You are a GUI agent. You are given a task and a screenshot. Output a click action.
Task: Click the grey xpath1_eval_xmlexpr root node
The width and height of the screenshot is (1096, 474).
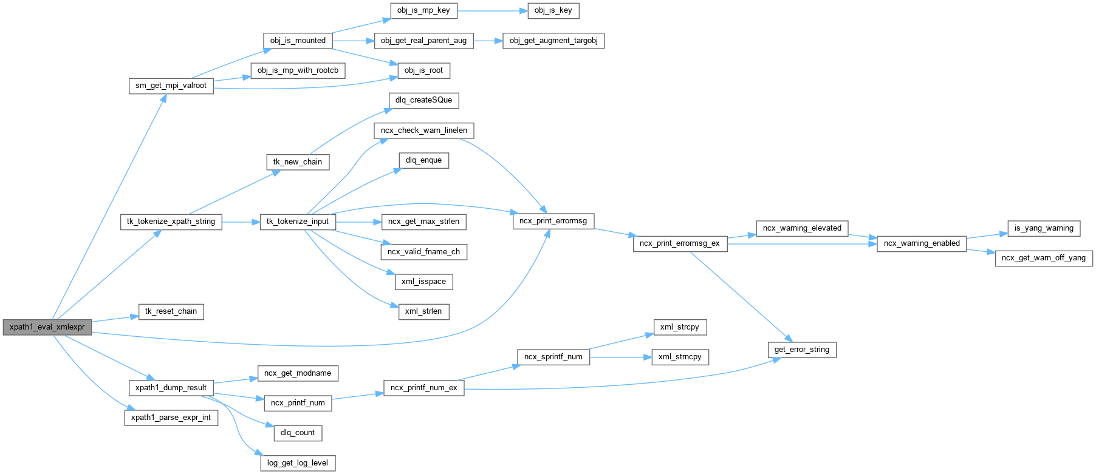(47, 327)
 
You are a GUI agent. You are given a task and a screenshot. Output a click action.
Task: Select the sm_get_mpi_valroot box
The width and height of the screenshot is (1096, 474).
(171, 86)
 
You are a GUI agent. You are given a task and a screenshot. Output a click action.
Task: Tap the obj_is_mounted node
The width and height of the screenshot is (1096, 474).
(298, 41)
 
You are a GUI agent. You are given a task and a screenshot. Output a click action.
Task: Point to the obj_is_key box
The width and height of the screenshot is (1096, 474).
(553, 10)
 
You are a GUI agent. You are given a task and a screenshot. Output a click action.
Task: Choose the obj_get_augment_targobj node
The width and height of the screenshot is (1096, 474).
(553, 41)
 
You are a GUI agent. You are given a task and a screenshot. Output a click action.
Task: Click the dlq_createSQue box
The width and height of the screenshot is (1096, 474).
(423, 100)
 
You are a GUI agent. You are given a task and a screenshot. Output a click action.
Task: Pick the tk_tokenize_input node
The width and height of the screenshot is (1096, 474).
(298, 222)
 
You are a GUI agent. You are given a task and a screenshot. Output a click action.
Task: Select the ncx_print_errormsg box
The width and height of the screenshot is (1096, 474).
(553, 221)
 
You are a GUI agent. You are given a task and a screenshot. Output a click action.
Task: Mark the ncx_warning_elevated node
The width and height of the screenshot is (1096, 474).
(802, 228)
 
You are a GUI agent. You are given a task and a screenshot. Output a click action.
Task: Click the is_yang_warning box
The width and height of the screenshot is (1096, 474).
(1044, 228)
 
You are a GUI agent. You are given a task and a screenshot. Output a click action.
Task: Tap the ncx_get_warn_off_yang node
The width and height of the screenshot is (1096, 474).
(1044, 258)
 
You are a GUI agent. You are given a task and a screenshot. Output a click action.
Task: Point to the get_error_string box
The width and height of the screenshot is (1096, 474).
(802, 350)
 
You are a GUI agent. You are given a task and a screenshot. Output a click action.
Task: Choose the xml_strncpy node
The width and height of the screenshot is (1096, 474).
(680, 357)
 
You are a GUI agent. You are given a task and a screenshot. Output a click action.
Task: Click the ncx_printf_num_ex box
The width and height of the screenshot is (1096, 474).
(423, 388)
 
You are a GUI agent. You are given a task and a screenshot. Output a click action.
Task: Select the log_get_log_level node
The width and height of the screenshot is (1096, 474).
(298, 463)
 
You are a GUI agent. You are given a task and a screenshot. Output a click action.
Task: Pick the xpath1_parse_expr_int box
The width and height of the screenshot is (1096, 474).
(171, 418)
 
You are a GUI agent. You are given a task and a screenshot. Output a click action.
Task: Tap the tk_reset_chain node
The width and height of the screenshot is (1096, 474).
(171, 311)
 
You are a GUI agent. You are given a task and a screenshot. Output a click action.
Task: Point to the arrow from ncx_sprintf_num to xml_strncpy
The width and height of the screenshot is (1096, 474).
(620, 357)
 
